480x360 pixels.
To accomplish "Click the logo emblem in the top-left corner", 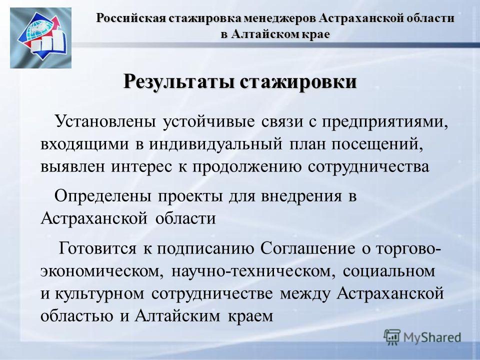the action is coord(40,38).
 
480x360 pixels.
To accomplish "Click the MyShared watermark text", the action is coord(432,337).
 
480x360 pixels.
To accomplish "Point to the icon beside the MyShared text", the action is coord(392,337).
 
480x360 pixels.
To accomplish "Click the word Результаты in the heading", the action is coord(179,81).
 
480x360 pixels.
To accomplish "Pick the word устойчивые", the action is coord(208,122).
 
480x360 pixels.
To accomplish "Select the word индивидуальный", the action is coord(216,144).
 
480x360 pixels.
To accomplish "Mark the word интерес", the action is coord(141,167).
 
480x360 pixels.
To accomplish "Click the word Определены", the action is coord(103,196).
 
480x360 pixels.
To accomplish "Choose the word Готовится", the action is coord(97,248).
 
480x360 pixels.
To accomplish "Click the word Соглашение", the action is coord(308,248).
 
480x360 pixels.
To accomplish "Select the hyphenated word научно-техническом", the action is coord(251,271).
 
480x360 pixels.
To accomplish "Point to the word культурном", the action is coord(99,294).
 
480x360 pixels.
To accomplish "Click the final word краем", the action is coord(250,316).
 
